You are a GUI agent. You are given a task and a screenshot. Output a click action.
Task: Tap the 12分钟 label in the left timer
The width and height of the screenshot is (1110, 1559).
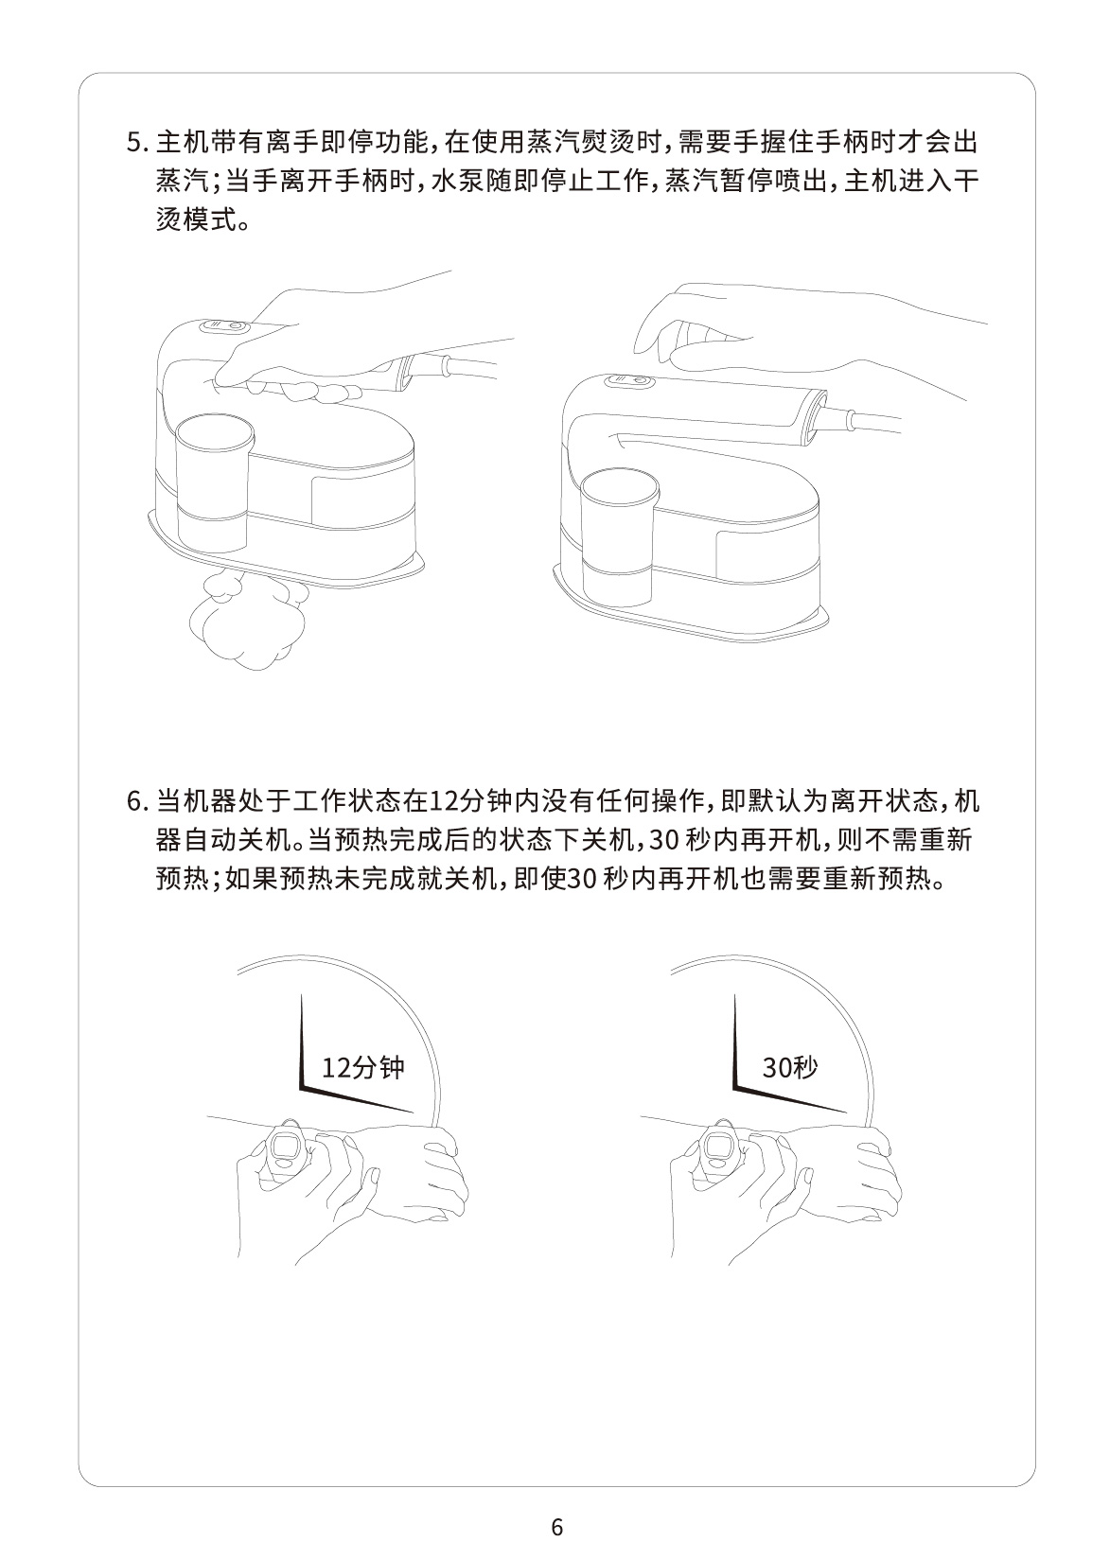click(x=362, y=1068)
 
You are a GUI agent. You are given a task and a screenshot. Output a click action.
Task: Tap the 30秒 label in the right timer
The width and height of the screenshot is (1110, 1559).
click(x=790, y=1068)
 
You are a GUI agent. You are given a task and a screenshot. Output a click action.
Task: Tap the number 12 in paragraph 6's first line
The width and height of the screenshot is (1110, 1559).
click(x=444, y=802)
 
